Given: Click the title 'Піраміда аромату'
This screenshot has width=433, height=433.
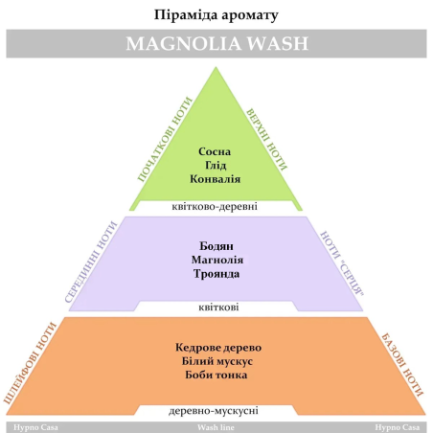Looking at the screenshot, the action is click(x=216, y=15).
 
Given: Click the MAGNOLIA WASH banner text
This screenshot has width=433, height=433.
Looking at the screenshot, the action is click(x=217, y=43).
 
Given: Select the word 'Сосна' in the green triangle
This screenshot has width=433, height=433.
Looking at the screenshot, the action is click(x=215, y=151).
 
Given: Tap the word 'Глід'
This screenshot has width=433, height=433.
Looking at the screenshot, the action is click(x=216, y=165).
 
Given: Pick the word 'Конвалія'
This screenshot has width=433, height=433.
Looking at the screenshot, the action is click(x=216, y=179).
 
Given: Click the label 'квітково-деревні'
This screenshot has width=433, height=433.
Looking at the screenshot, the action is click(x=215, y=206).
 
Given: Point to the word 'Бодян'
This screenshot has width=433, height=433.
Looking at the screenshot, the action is click(x=216, y=246).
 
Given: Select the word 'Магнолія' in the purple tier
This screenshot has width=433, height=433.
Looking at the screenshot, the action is click(x=217, y=260).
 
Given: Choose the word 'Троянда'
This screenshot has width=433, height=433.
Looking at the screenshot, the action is click(x=216, y=274).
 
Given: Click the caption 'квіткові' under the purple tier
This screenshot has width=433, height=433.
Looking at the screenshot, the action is click(x=218, y=308).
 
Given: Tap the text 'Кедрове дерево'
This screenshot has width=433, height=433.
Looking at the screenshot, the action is click(x=218, y=347).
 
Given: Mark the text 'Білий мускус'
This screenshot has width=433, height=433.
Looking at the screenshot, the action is click(x=217, y=361).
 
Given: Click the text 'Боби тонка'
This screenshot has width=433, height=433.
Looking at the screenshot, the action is click(x=216, y=375).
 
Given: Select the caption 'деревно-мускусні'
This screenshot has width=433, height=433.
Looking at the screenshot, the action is click(x=214, y=411).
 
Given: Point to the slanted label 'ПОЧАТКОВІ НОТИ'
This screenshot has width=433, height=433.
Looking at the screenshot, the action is click(x=165, y=139).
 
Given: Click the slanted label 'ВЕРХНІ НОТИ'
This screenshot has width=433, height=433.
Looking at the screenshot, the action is click(x=266, y=140).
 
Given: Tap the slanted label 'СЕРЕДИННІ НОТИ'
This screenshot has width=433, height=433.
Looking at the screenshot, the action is click(x=91, y=262).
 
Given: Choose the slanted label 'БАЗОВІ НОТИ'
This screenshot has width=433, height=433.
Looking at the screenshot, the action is click(x=402, y=365).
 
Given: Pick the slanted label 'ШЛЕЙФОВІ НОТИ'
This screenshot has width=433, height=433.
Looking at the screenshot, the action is click(x=30, y=363).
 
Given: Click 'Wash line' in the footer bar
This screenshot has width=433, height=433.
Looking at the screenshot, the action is click(x=216, y=427).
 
